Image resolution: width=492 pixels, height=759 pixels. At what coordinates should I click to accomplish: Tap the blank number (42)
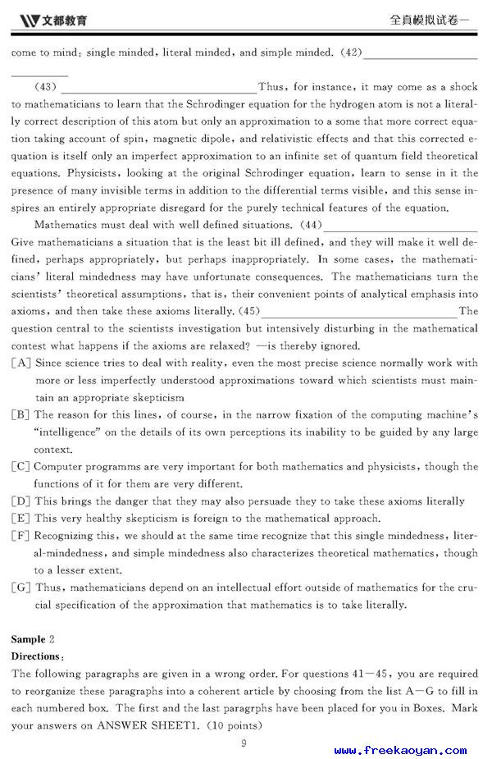click(x=350, y=53)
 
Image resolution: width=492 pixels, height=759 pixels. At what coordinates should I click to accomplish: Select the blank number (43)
click(x=46, y=87)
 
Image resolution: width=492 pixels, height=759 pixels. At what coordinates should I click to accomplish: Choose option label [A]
click(x=21, y=363)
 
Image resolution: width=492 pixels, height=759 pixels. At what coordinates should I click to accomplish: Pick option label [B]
click(x=21, y=415)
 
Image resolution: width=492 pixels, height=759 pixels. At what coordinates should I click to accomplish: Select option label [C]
click(x=21, y=467)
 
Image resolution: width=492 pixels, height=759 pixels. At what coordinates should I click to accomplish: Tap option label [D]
click(x=21, y=501)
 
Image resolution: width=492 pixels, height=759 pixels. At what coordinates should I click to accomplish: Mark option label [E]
click(x=21, y=519)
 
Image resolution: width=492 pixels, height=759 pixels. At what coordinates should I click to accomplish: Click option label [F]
click(x=21, y=536)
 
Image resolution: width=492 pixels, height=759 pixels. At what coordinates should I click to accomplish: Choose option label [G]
click(x=21, y=588)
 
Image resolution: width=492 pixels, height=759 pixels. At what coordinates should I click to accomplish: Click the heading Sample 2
click(x=33, y=638)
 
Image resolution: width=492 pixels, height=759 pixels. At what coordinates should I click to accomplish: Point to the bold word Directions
click(x=36, y=656)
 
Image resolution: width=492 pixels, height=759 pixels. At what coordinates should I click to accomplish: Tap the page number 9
click(x=244, y=743)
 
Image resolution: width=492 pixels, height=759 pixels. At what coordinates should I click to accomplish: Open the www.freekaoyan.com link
click(x=400, y=749)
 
